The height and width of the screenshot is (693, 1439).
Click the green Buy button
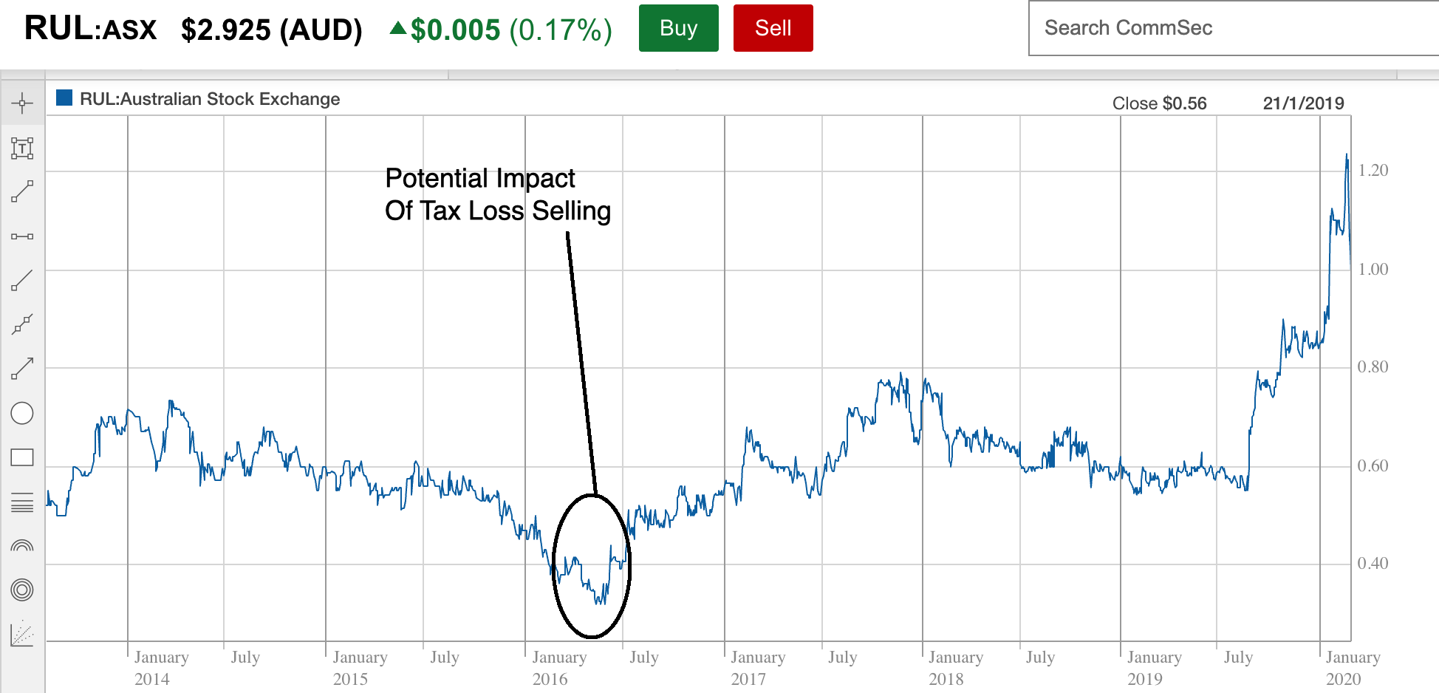click(x=678, y=28)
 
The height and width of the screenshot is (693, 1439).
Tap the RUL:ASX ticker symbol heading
click(x=90, y=29)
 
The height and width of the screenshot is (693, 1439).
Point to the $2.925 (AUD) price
click(x=271, y=30)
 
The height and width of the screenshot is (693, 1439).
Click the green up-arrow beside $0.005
click(x=397, y=28)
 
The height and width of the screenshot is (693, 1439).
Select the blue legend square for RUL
click(x=64, y=98)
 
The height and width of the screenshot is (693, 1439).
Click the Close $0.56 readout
click(x=1159, y=103)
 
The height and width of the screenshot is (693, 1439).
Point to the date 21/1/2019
click(x=1303, y=103)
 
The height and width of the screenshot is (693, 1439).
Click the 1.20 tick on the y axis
click(x=1373, y=171)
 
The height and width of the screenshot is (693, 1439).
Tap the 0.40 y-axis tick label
click(x=1373, y=564)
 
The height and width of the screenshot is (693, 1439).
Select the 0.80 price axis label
click(x=1373, y=367)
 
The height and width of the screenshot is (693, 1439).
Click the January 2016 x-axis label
click(x=558, y=668)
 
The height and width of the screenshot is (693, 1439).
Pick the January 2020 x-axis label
click(x=1352, y=668)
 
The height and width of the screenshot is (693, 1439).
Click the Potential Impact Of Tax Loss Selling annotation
click(x=497, y=194)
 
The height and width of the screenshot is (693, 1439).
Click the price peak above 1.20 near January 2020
click(x=1347, y=157)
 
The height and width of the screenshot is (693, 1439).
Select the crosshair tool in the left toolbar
click(x=22, y=103)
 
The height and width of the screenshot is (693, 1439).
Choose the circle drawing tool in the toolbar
click(x=22, y=413)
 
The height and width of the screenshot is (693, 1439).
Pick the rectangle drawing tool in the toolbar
click(x=22, y=457)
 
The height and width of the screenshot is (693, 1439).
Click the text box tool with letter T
click(x=22, y=148)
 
